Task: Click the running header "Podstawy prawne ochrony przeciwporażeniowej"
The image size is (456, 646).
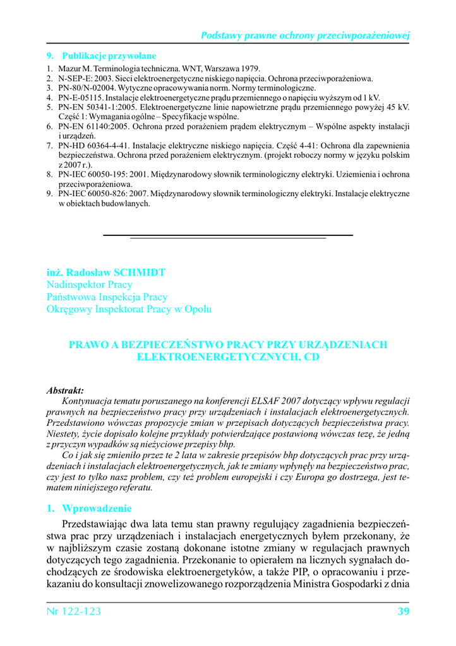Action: tap(306, 35)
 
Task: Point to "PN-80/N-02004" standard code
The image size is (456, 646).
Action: tap(87, 88)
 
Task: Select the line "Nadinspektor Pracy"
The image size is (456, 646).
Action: tap(88, 285)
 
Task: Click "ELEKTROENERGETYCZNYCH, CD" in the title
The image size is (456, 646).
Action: tap(228, 357)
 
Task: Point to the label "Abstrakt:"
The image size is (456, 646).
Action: tap(65, 391)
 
